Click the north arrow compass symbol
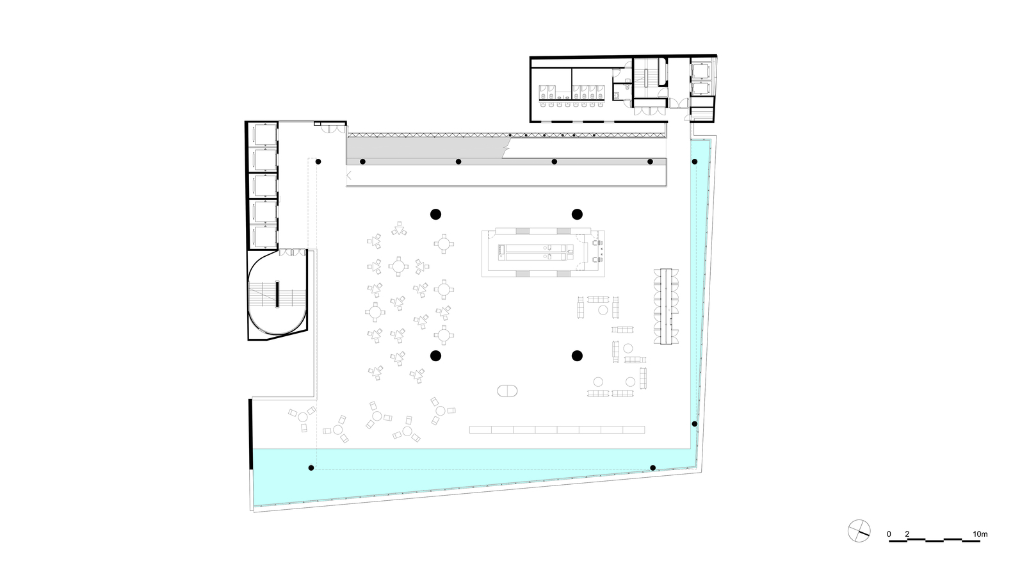[859, 531]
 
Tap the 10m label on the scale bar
[980, 534]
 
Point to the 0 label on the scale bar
[889, 534]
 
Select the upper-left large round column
[435, 215]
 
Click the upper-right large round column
[577, 215]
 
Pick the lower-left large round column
[435, 356]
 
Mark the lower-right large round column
[577, 356]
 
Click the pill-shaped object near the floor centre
[507, 391]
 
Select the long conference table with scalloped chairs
[666, 306]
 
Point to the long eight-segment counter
[557, 430]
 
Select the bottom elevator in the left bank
[264, 237]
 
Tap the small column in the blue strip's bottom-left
[311, 468]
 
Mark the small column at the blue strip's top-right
[695, 161]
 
